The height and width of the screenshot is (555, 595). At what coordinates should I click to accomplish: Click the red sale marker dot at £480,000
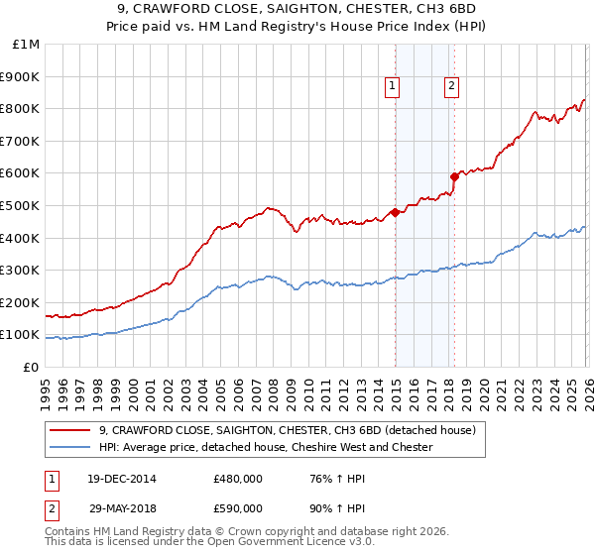395,211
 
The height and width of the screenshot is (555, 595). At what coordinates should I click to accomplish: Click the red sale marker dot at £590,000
454,176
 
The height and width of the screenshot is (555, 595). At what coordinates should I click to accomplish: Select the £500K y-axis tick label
21,206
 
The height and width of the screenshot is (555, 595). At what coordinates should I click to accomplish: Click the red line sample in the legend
70,430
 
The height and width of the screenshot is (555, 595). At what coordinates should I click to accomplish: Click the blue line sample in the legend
70,447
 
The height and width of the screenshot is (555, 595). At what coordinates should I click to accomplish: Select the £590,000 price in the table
238,507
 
